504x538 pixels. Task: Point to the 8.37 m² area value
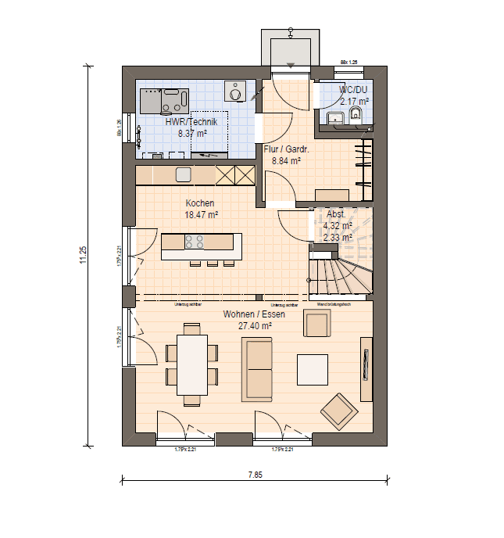tap(191, 134)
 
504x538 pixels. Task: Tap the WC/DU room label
tap(353, 90)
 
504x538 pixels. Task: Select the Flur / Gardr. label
tap(287, 150)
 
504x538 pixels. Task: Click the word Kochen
tap(199, 203)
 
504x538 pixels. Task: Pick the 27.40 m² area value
tap(255, 325)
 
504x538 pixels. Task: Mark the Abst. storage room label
tap(336, 214)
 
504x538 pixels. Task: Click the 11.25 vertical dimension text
tap(84, 256)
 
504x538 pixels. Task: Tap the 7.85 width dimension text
tap(255, 474)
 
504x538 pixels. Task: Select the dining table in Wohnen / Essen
tap(192, 364)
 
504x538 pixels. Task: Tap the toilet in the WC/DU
tap(356, 117)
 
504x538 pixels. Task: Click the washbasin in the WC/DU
tap(336, 119)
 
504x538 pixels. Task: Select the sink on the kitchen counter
tap(183, 174)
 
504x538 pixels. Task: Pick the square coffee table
tap(313, 370)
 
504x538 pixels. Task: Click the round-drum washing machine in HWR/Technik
tap(234, 92)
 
